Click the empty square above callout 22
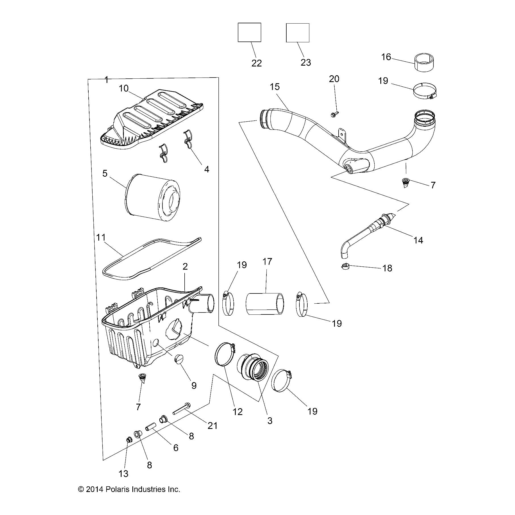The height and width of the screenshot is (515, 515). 249,32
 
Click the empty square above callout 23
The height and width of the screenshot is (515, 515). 297,33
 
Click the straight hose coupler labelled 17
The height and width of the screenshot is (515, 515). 265,304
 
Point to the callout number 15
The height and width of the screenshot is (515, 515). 275,87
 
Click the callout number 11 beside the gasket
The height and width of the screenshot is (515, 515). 101,237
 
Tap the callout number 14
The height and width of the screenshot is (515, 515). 418,240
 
